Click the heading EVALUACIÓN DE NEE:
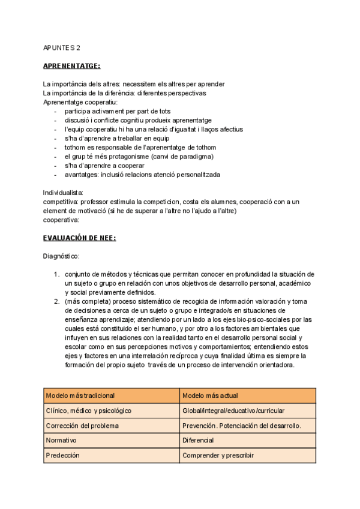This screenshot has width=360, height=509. pyautogui.click(x=79, y=238)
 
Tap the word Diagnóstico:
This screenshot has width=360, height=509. pyautogui.click(x=61, y=256)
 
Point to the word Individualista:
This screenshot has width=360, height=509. pyautogui.click(x=64, y=193)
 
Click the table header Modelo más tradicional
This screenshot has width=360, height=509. pyautogui.click(x=80, y=396)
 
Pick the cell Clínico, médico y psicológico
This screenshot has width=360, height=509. pyautogui.click(x=88, y=411)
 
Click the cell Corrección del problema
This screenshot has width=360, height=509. pyautogui.click(x=82, y=426)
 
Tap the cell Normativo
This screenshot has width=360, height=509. pyautogui.click(x=61, y=441)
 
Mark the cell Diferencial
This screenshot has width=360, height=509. pyautogui.click(x=197, y=441)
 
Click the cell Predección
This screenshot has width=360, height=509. pyautogui.click(x=62, y=456)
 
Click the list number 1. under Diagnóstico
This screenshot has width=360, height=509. pyautogui.click(x=56, y=274)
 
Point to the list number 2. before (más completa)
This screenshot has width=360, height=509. pyautogui.click(x=56, y=301)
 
